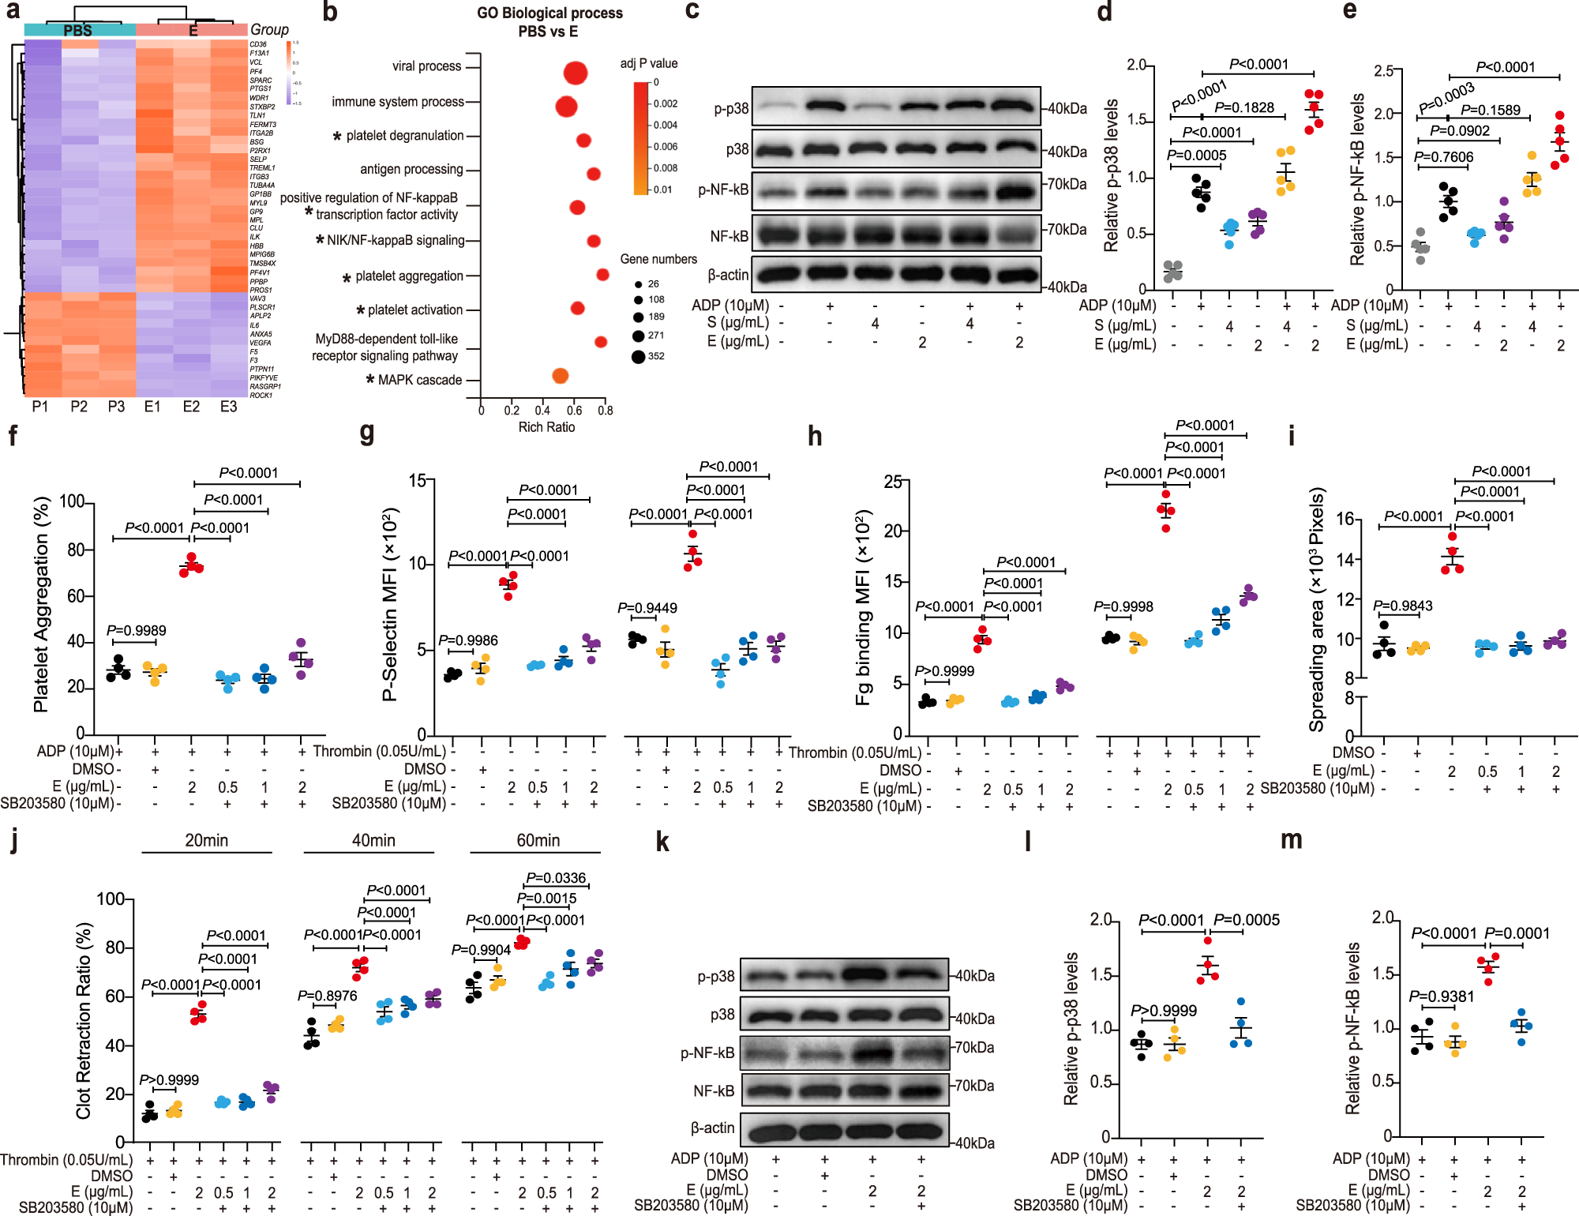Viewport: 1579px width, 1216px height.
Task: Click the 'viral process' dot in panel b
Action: coord(576,73)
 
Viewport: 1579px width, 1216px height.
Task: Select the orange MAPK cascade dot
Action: coord(560,376)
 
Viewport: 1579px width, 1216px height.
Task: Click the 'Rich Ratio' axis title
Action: coord(546,427)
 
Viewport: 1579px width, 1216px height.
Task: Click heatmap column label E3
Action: coord(228,407)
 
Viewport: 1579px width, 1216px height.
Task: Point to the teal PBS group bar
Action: coord(79,30)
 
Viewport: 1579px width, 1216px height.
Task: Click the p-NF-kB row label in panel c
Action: coord(723,190)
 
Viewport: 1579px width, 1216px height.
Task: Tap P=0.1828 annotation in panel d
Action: coord(1244,108)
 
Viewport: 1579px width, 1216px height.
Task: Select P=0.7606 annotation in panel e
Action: coord(1443,157)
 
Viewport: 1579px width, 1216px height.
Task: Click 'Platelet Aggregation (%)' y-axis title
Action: coord(41,604)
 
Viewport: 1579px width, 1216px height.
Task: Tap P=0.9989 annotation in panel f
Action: coord(136,630)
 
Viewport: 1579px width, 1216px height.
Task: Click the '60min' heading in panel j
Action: coord(538,840)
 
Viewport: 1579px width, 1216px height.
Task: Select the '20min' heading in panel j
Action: coord(206,840)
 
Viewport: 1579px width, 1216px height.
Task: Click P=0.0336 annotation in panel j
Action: coord(556,878)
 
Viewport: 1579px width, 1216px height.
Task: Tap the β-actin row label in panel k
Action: coord(712,1128)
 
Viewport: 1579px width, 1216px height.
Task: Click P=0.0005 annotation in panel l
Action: coord(1246,920)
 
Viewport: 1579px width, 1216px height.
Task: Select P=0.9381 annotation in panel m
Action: coord(1441,996)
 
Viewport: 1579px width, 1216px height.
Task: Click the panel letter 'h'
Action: coord(815,437)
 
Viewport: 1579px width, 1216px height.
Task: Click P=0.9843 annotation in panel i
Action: coord(1402,606)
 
